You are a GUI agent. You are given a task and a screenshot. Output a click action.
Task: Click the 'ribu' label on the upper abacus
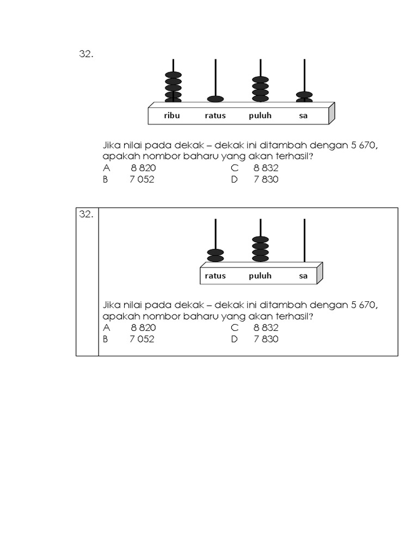click(172, 116)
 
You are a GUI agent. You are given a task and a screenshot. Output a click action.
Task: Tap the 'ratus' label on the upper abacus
click(216, 116)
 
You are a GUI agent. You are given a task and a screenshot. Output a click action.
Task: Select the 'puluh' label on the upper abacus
click(260, 116)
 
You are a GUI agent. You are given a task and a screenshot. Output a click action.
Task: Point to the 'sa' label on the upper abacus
click(303, 116)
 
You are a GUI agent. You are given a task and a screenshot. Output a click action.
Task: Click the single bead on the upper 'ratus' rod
click(216, 99)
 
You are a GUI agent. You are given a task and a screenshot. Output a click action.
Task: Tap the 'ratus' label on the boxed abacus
click(216, 275)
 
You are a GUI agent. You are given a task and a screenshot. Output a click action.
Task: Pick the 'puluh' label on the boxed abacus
click(260, 275)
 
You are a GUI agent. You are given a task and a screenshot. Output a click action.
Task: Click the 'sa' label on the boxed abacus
click(303, 276)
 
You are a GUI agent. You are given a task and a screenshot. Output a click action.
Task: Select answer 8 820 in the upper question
click(143, 168)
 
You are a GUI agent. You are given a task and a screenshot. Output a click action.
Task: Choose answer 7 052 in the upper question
click(142, 179)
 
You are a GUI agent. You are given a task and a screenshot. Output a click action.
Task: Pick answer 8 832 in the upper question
click(266, 168)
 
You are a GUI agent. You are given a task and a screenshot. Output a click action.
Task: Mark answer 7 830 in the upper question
click(266, 179)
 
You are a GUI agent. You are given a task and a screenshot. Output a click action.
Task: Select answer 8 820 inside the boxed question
click(143, 327)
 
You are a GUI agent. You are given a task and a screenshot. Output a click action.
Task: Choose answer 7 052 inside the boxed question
click(142, 339)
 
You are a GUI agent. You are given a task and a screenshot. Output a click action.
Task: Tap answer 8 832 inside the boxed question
click(266, 327)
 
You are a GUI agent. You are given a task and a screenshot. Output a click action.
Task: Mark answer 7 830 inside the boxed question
click(266, 339)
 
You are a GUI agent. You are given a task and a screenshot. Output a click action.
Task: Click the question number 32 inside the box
click(86, 214)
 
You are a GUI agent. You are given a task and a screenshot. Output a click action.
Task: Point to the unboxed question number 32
click(86, 54)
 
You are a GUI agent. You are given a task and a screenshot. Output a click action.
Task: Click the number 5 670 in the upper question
click(363, 145)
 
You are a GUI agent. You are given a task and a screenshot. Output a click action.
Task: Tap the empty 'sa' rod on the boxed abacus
click(305, 240)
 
